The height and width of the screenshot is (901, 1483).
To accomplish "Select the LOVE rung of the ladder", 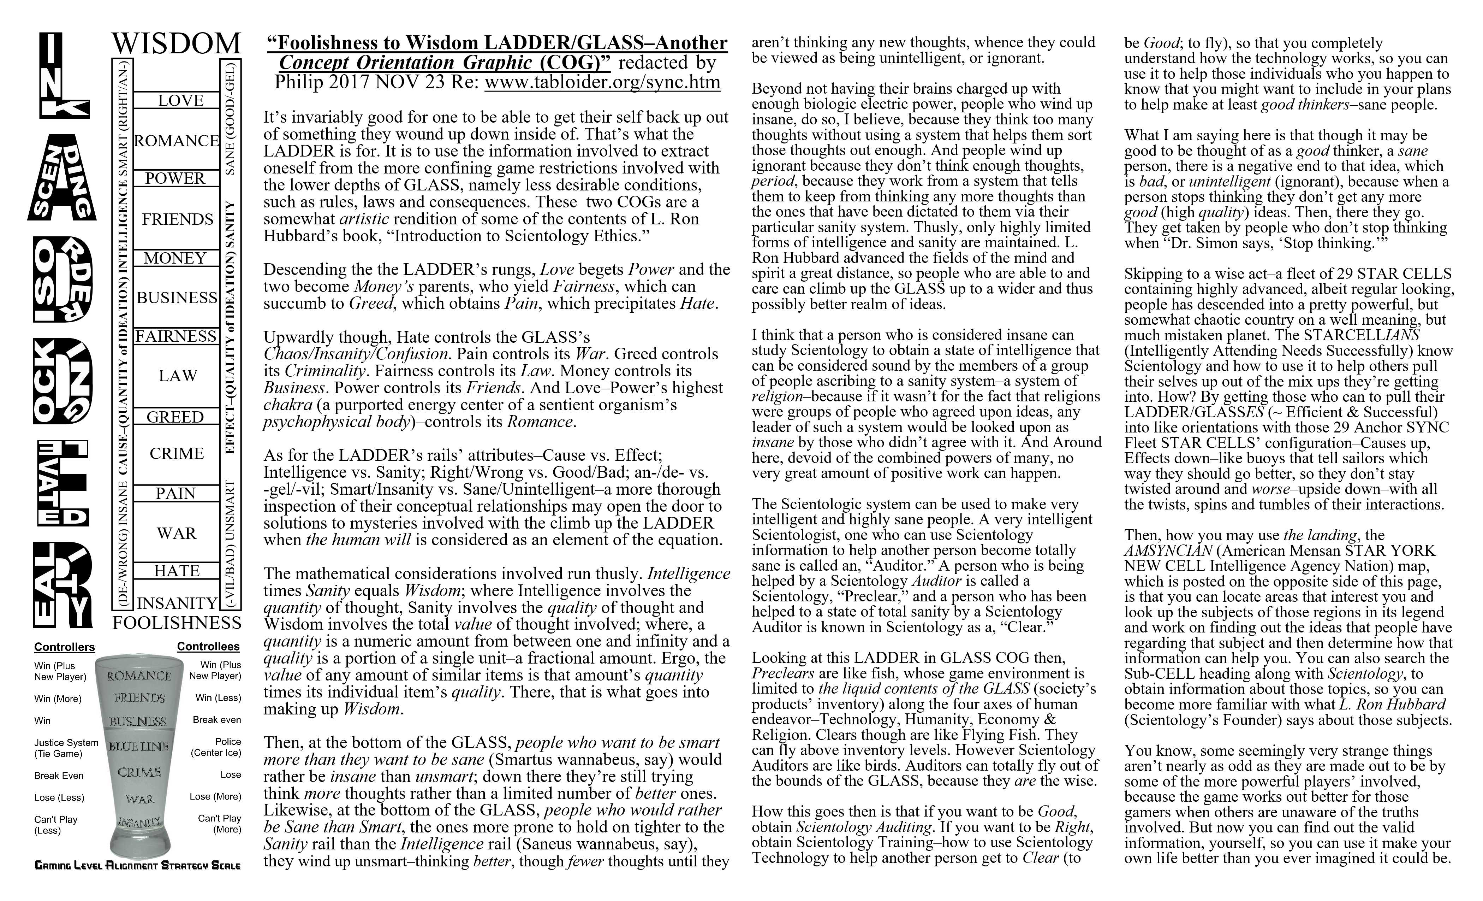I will [180, 101].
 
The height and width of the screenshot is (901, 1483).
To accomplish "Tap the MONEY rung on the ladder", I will [175, 258].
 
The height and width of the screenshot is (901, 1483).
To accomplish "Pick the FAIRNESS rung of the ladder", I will [176, 336].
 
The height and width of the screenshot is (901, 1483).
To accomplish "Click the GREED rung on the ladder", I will [175, 417].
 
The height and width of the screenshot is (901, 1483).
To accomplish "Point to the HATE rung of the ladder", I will [176, 570].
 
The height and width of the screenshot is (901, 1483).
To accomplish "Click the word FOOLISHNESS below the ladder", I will [177, 623].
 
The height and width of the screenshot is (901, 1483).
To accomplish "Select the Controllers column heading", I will [64, 647].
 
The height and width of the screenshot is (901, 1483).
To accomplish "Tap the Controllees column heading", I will [208, 647].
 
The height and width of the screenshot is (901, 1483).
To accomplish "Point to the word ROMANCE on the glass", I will [139, 676].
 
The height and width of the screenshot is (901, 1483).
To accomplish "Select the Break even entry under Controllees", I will [217, 720].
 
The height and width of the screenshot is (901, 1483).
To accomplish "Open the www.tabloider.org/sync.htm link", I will [602, 82].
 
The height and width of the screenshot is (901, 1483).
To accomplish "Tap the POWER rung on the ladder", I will [175, 178].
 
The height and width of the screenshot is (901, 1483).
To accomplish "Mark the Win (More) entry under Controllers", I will [58, 699].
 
